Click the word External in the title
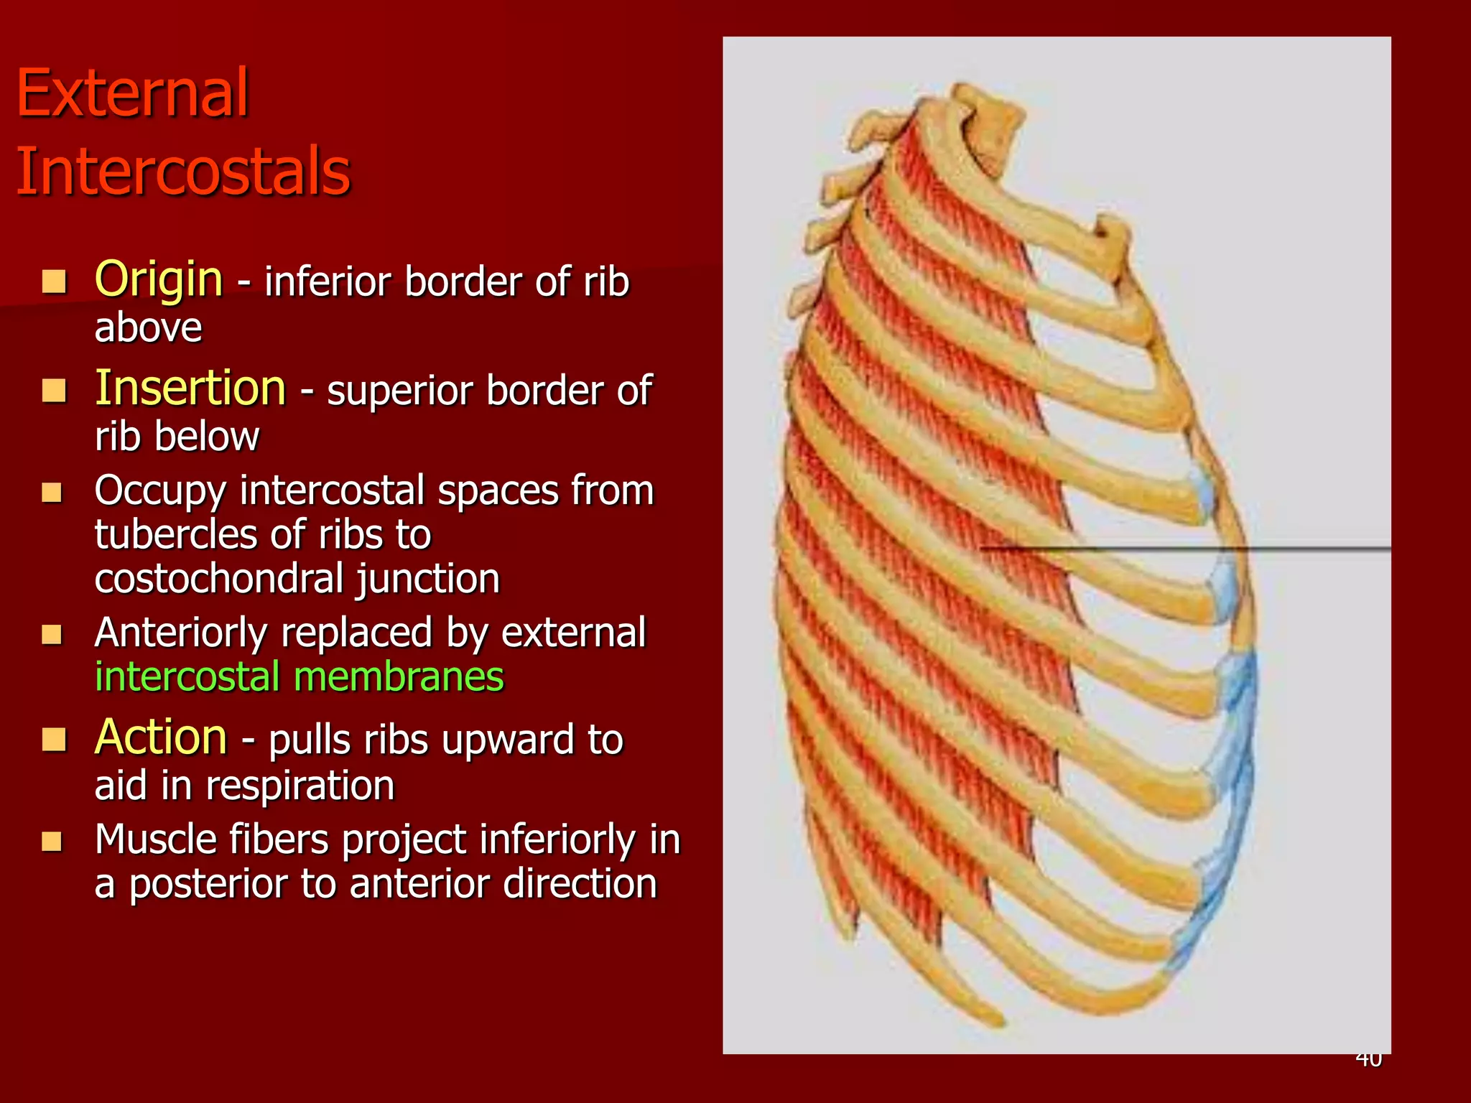coord(132,93)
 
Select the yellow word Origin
coord(159,279)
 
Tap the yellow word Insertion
coord(190,388)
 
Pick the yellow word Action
coord(161,737)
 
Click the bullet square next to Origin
coord(54,281)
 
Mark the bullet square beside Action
coord(54,739)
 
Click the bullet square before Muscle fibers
coord(52,841)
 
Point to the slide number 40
coord(1368,1059)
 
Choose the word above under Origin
coord(148,328)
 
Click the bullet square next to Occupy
coord(52,493)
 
